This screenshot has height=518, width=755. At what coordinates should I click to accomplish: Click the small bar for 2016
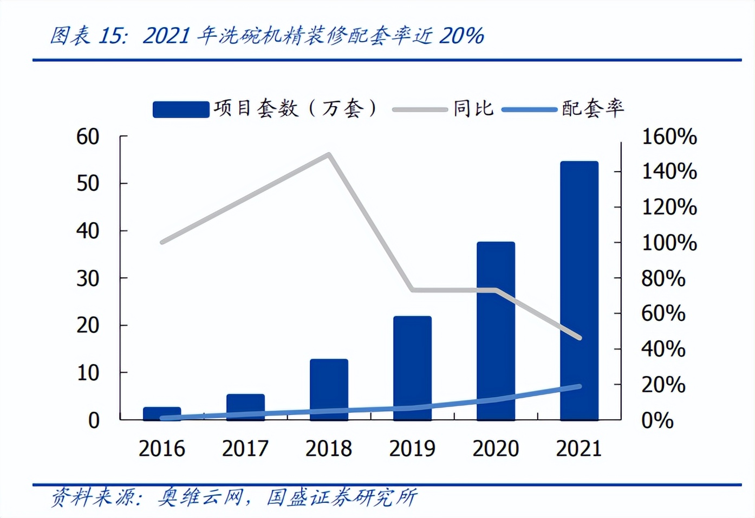coord(162,413)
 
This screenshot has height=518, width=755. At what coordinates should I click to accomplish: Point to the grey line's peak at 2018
coord(329,154)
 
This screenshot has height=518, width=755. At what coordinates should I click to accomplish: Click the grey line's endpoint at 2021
coord(580,338)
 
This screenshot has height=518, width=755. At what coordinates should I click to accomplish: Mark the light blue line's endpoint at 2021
coord(580,386)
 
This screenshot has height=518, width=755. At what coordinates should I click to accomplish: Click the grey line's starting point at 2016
coord(162,242)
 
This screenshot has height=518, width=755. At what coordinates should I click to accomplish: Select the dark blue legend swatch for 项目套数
coord(181,109)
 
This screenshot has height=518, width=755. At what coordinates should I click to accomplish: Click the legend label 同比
coord(473,108)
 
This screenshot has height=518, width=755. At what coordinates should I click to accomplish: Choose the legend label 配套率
coord(593,108)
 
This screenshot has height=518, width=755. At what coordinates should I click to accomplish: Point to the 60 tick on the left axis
coord(88,137)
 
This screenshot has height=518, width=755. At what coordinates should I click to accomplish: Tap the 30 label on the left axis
coord(88,279)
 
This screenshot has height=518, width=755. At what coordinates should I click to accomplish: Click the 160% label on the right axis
coord(669,137)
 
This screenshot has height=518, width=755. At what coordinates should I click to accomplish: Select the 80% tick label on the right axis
coord(663,279)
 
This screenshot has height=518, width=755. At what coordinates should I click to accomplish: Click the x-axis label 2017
coord(245,449)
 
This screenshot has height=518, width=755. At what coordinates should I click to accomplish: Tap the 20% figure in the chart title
coord(461,36)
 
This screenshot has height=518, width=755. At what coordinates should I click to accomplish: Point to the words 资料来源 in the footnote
coord(93,497)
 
